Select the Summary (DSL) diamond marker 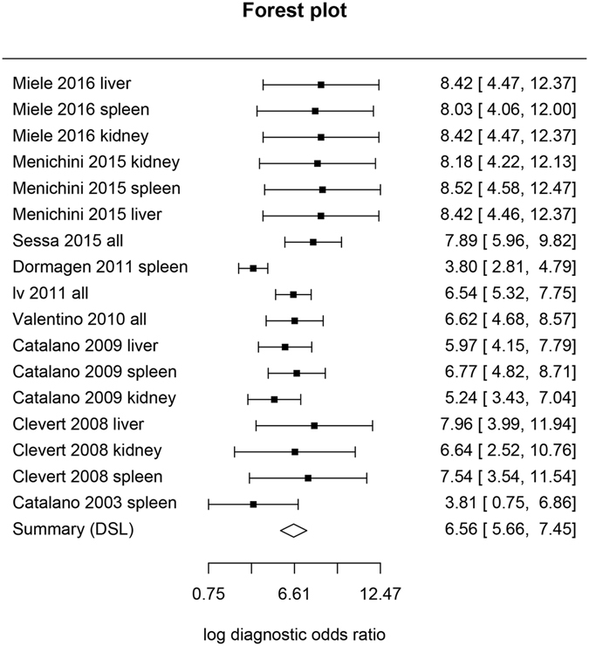tap(294, 530)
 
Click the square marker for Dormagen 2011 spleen tap(253, 268)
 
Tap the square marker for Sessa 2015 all tap(313, 242)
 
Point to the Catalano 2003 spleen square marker tap(253, 504)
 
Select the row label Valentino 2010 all tap(79, 320)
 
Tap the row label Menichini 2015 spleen tap(97, 189)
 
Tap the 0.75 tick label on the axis tap(209, 594)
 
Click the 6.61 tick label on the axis tap(294, 594)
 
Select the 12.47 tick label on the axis tap(380, 594)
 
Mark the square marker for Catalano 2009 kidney tap(274, 399)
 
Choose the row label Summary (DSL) tap(73, 530)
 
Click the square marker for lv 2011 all tap(293, 294)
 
